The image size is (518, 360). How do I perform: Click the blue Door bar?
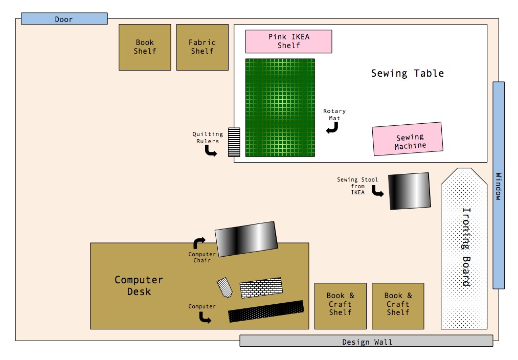pyautogui.click(x=64, y=19)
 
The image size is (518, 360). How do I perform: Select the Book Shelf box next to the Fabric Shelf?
pyautogui.click(x=145, y=47)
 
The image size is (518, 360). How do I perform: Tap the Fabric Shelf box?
pyautogui.click(x=202, y=47)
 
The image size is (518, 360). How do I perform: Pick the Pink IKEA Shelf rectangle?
pyautogui.click(x=288, y=41)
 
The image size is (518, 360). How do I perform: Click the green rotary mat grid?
pyautogui.click(x=280, y=107)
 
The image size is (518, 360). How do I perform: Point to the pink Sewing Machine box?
pyautogui.click(x=407, y=139)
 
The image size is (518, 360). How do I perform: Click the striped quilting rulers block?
pyautogui.click(x=234, y=142)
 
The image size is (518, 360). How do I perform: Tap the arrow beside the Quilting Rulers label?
pyautogui.click(x=210, y=151)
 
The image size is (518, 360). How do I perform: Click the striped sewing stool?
pyautogui.click(x=409, y=191)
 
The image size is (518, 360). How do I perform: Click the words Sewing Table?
pyautogui.click(x=407, y=73)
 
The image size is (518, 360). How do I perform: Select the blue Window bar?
pyautogui.click(x=499, y=185)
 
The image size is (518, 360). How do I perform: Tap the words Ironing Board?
pyautogui.click(x=466, y=246)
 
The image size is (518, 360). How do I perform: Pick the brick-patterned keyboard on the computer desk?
pyautogui.click(x=261, y=287)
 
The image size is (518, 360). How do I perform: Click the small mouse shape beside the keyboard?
pyautogui.click(x=225, y=287)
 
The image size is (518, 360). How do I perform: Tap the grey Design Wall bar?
pyautogui.click(x=366, y=341)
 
